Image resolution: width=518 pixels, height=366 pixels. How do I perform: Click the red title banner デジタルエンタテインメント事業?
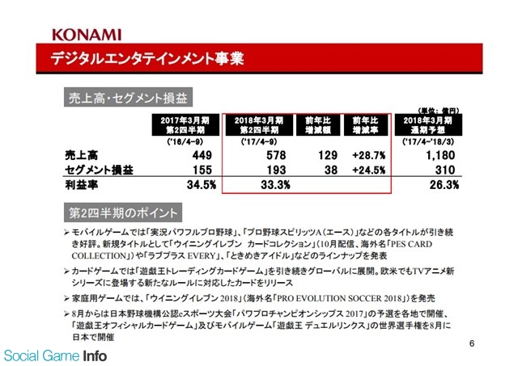click(x=146, y=58)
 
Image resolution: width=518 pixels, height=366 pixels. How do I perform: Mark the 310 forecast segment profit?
click(x=447, y=170)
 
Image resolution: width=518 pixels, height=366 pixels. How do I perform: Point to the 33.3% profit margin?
click(x=273, y=185)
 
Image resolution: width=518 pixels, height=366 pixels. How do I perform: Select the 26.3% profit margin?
click(x=442, y=185)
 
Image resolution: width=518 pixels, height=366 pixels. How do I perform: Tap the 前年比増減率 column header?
click(x=366, y=126)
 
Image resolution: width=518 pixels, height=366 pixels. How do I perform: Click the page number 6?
click(x=471, y=343)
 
